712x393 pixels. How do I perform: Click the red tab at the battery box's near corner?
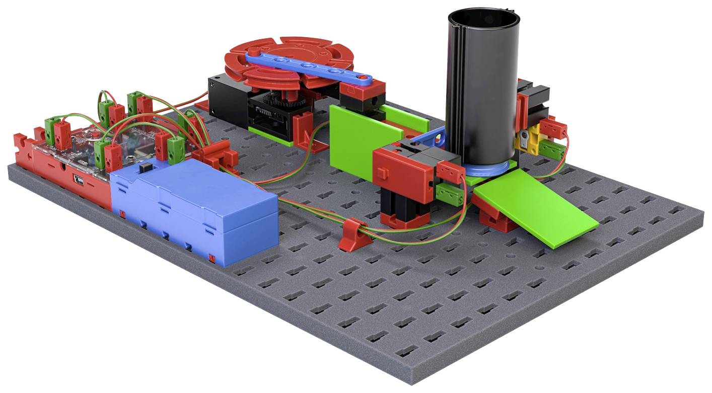click(212, 259)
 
